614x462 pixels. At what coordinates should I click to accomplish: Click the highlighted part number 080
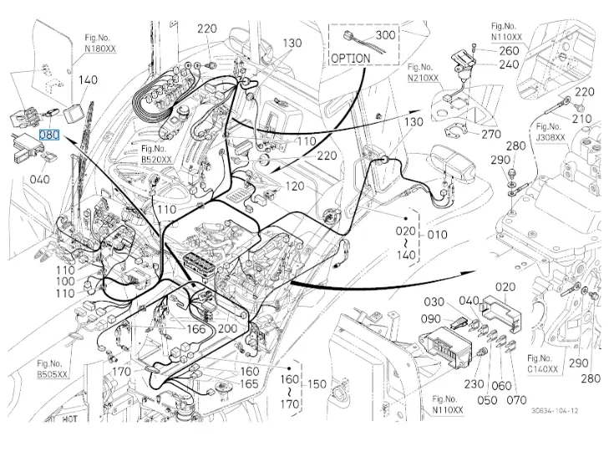(50, 134)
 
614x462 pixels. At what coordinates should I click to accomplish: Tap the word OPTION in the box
(351, 58)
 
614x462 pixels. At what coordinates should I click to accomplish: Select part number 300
(385, 36)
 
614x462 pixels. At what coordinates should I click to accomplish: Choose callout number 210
(582, 119)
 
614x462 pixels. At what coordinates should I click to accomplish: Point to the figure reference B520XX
(156, 158)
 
